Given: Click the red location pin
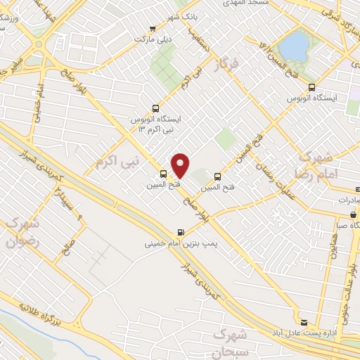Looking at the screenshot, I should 181,165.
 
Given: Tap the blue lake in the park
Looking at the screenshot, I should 293,47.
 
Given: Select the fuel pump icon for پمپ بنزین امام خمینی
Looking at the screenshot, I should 181,233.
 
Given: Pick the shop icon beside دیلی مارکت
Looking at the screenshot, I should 153,29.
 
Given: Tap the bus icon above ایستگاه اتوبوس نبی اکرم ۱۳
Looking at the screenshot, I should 155,109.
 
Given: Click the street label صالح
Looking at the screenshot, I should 68,249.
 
